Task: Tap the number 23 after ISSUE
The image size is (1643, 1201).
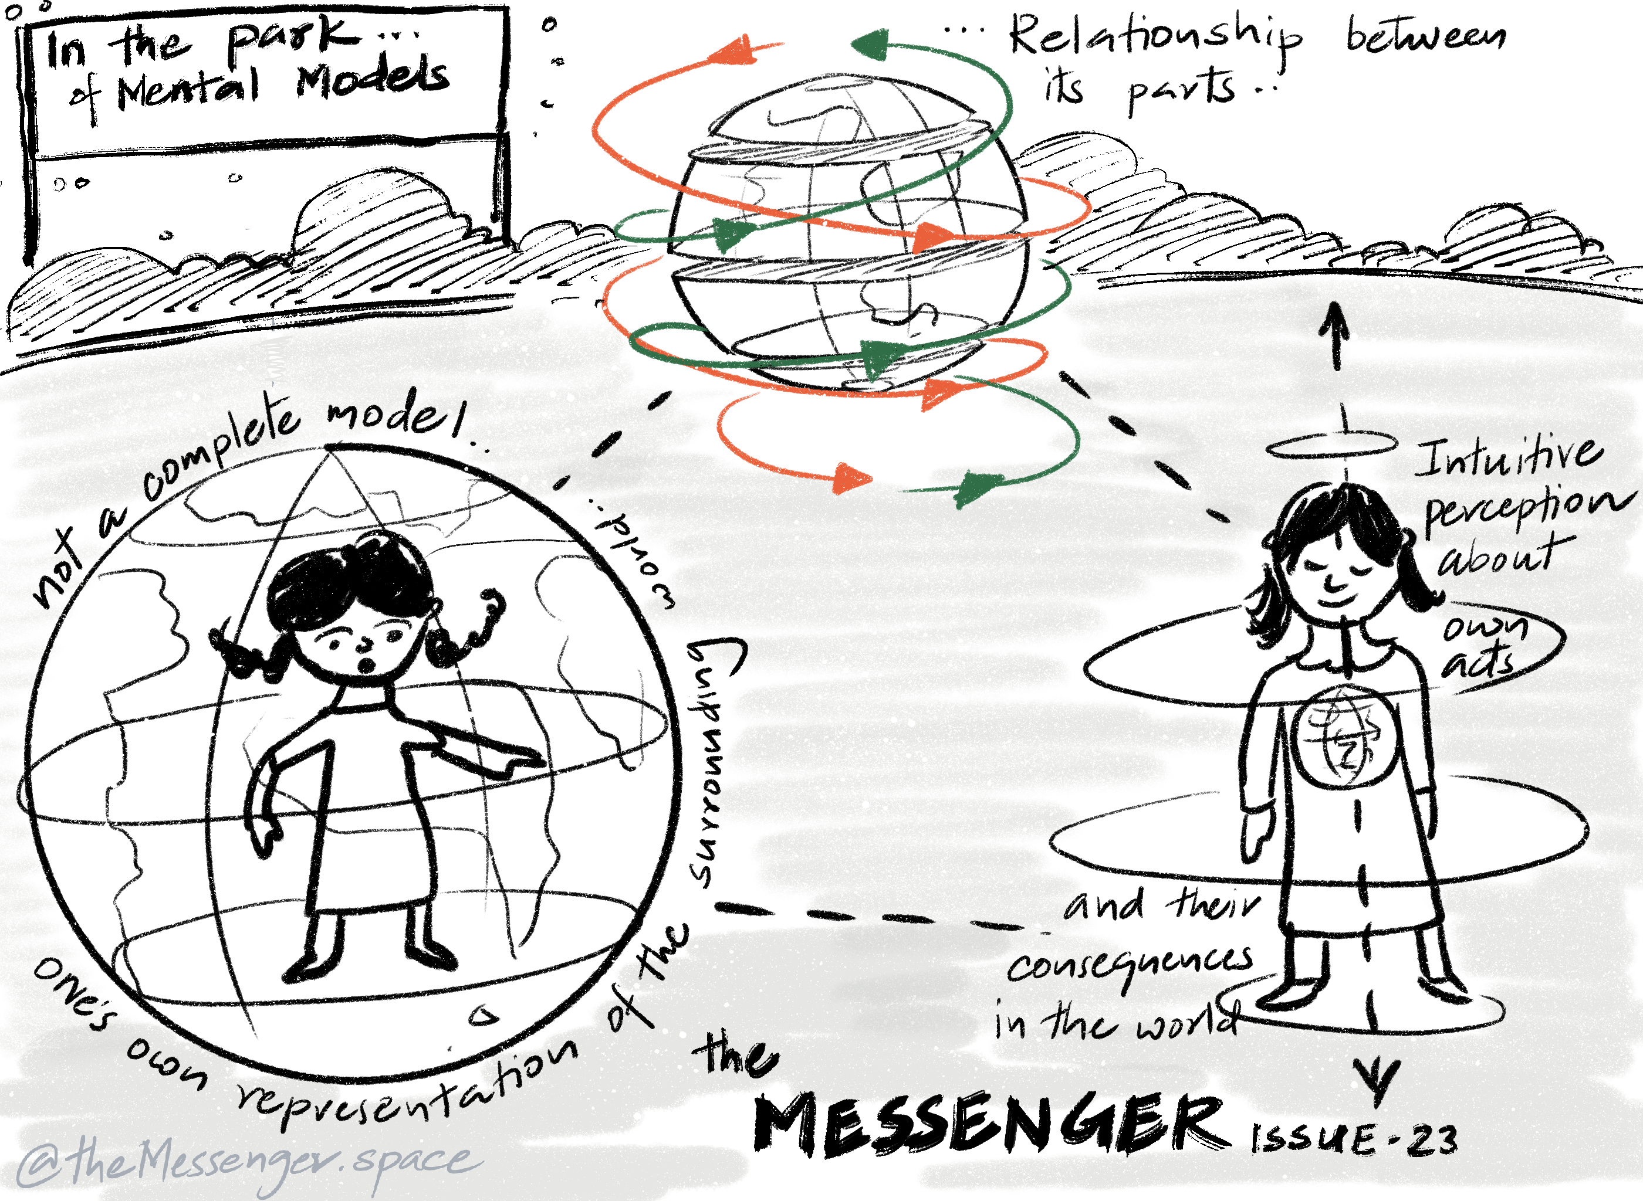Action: [1432, 1140]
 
